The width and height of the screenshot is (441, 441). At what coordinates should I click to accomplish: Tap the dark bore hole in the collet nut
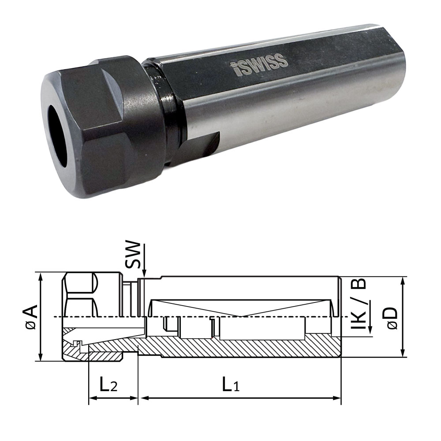pyautogui.click(x=58, y=136)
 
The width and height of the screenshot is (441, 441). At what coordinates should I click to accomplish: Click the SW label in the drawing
pyautogui.click(x=132, y=254)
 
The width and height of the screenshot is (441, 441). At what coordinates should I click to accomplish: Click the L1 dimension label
pyautogui.click(x=231, y=385)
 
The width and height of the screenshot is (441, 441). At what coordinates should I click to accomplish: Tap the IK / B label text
pyautogui.click(x=359, y=304)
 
